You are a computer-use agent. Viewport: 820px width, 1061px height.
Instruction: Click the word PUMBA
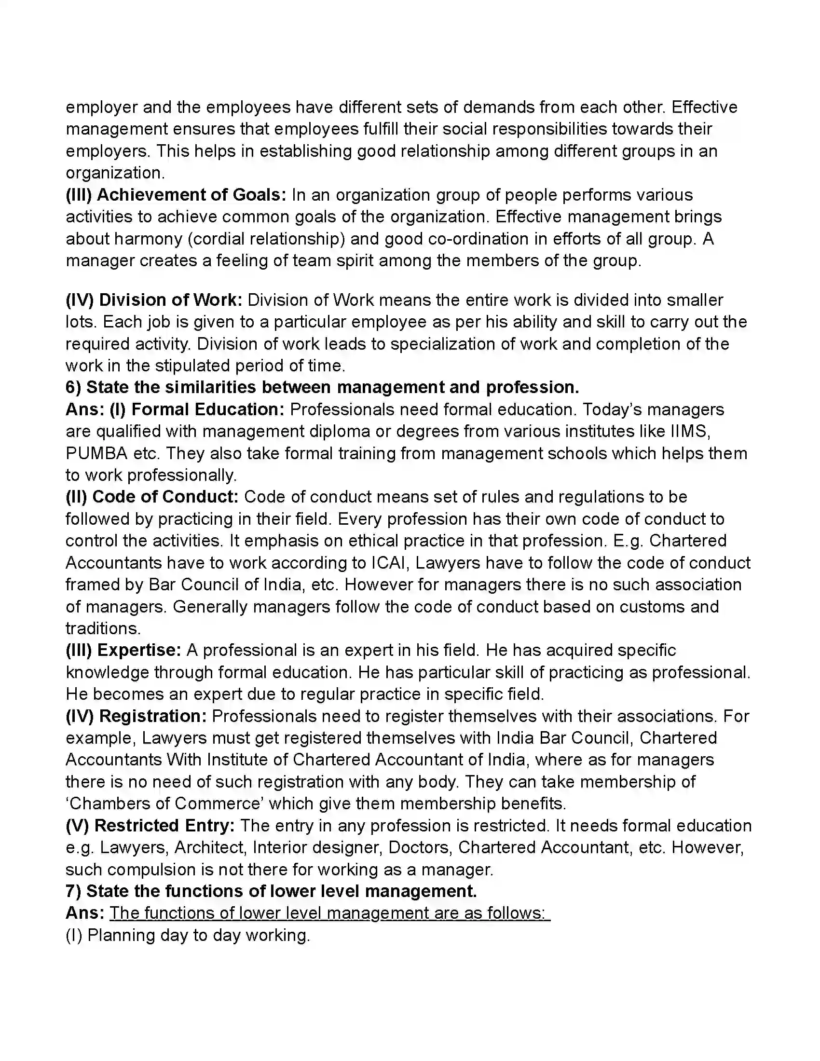click(x=96, y=453)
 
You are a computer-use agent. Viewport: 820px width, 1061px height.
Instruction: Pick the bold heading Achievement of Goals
click(x=191, y=195)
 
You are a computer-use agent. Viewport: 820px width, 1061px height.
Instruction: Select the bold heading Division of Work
click(x=170, y=300)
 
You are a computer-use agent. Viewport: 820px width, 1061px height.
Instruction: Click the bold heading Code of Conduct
click(x=165, y=497)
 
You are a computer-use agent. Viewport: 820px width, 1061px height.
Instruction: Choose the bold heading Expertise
click(x=139, y=650)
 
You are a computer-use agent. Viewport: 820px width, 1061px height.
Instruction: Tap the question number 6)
click(x=73, y=387)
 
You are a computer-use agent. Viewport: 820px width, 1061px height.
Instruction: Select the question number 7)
click(x=73, y=891)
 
